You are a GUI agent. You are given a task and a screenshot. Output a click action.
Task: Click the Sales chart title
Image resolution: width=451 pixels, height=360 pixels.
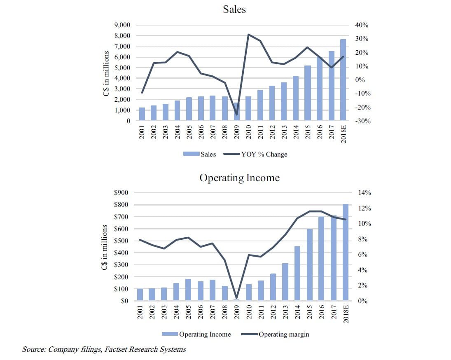(234, 9)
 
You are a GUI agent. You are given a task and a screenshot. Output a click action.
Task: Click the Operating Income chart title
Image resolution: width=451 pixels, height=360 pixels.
(239, 178)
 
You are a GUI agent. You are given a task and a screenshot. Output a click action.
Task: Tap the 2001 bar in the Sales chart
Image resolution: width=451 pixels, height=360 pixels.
(142, 114)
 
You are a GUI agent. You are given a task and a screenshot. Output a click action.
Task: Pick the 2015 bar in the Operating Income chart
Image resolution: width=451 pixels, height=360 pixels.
(309, 265)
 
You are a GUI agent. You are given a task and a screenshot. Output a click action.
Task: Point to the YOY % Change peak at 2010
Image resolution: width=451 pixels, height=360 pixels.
(248, 35)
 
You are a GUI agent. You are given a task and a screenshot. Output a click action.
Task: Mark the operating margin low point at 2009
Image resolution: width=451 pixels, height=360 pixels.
(236, 297)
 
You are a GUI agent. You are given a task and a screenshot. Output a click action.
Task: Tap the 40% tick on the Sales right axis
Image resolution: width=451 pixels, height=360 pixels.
(361, 25)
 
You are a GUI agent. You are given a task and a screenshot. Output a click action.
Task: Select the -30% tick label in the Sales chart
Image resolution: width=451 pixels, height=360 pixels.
(360, 121)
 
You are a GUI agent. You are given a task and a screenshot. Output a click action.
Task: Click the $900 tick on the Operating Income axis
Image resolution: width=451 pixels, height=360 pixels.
(121, 193)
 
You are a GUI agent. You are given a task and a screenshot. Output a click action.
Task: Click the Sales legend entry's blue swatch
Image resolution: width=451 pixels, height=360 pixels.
(192, 154)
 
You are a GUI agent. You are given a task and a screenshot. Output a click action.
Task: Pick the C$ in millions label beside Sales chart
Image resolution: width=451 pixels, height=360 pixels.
(106, 74)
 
